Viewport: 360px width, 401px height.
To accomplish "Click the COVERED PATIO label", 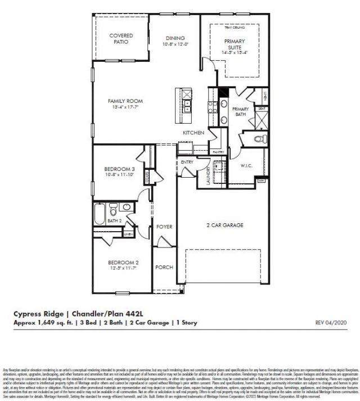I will point(121,39).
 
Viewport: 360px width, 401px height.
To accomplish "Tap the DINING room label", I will point(175,38).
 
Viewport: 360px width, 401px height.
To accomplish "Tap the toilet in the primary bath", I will point(259,138).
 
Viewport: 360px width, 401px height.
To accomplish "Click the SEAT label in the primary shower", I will point(261,109).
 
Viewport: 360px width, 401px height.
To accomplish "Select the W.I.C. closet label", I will point(245,166).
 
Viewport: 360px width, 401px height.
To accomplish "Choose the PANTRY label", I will point(218,152).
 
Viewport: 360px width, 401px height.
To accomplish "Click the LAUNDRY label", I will point(208,175).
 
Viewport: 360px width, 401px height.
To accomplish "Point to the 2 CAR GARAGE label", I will point(224,225).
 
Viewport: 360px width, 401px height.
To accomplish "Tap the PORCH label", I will point(164,267).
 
